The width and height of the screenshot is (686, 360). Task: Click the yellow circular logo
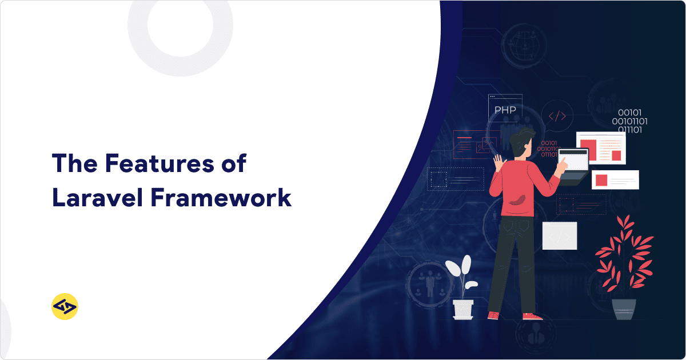coord(65,307)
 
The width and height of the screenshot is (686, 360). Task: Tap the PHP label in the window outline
coord(505,110)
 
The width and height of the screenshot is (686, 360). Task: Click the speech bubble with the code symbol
coord(557,116)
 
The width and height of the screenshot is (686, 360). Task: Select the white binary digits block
coord(629,121)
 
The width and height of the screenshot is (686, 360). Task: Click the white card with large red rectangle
coord(600,147)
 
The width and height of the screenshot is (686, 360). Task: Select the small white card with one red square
coord(615,179)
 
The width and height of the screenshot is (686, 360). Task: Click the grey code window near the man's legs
coord(559,235)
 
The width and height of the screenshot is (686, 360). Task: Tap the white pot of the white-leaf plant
coord(463,309)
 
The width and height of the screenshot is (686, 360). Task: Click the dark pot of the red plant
coord(624,309)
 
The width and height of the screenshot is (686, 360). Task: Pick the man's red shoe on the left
coord(493,315)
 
